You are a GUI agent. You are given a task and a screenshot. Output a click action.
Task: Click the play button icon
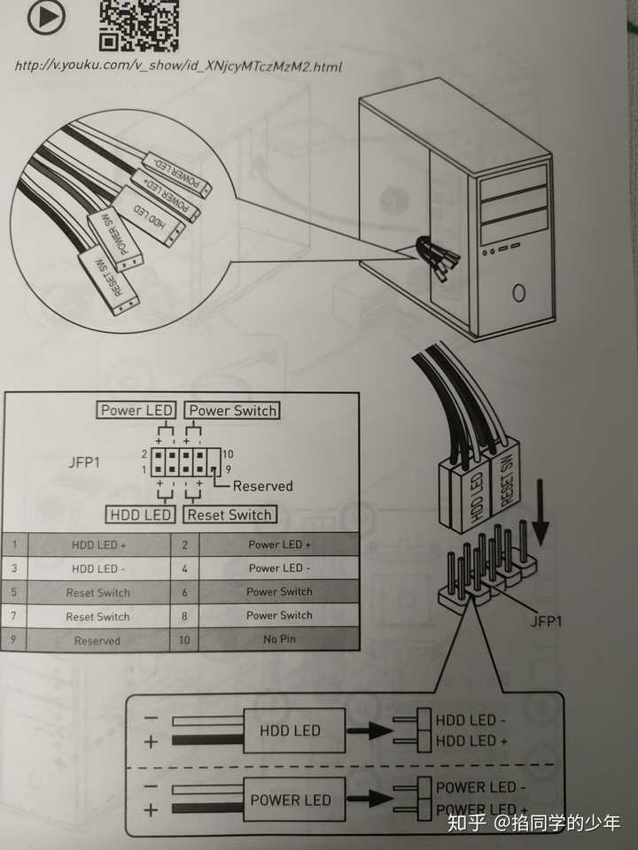click(46, 16)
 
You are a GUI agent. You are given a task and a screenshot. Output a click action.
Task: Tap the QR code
click(138, 21)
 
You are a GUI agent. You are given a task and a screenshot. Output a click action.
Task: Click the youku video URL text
click(178, 66)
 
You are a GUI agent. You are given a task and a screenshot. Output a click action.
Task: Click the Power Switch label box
click(232, 410)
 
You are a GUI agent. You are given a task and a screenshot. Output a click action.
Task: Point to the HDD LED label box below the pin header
click(140, 514)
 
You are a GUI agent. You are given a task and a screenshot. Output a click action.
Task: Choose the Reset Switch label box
click(230, 514)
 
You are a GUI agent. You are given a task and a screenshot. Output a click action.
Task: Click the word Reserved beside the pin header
click(262, 485)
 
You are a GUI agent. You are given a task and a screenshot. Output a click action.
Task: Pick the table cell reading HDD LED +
click(99, 545)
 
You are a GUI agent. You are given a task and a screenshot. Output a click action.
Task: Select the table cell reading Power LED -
click(279, 568)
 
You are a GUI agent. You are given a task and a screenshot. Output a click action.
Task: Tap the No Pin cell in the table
click(279, 639)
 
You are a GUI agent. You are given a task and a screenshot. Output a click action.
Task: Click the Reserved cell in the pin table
click(97, 640)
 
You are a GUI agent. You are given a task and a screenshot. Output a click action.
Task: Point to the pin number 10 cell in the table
click(184, 639)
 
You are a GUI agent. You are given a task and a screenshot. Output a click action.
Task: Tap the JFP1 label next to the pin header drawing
click(546, 622)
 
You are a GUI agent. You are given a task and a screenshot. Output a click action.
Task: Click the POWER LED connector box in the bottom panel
click(291, 800)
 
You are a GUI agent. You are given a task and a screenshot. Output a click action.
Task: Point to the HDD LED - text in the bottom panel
click(471, 719)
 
